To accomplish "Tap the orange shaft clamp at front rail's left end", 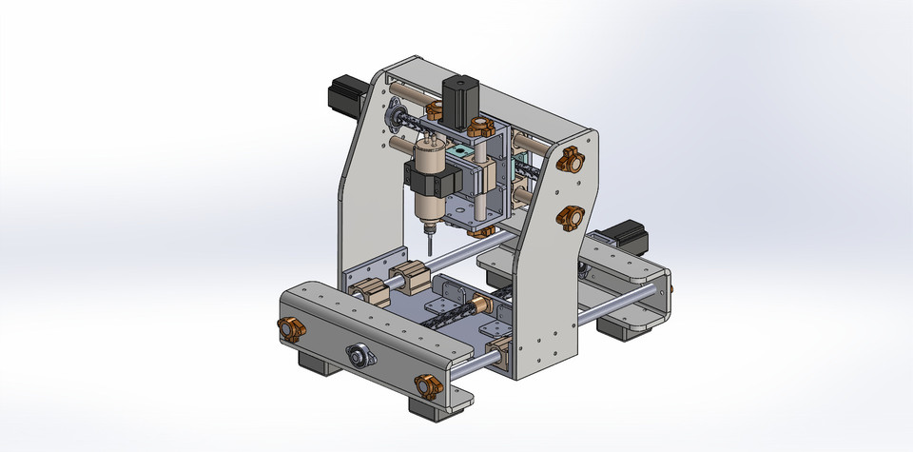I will (290, 330).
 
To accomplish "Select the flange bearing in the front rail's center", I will (359, 357).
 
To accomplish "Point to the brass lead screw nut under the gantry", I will (481, 307).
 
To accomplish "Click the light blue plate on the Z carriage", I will (462, 152).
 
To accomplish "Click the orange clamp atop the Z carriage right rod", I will (476, 126).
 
